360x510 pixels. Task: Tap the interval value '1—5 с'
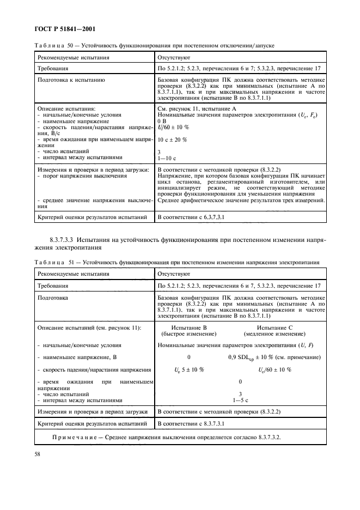tap(240, 399)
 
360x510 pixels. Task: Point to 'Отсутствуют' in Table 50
tap(173, 57)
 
